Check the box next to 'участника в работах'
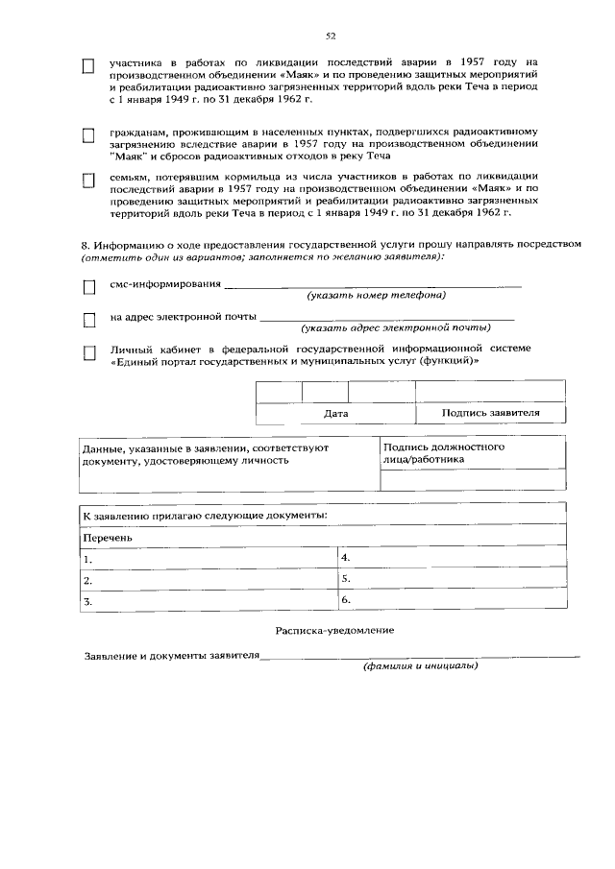click(88, 66)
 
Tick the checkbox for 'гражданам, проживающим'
click(88, 135)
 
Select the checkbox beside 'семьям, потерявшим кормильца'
click(88, 180)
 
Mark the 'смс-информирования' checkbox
click(88, 287)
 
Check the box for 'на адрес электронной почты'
click(88, 318)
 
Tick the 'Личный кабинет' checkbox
click(88, 353)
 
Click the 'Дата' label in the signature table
click(335, 413)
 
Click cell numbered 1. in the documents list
click(207, 559)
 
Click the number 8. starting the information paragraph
click(85, 245)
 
